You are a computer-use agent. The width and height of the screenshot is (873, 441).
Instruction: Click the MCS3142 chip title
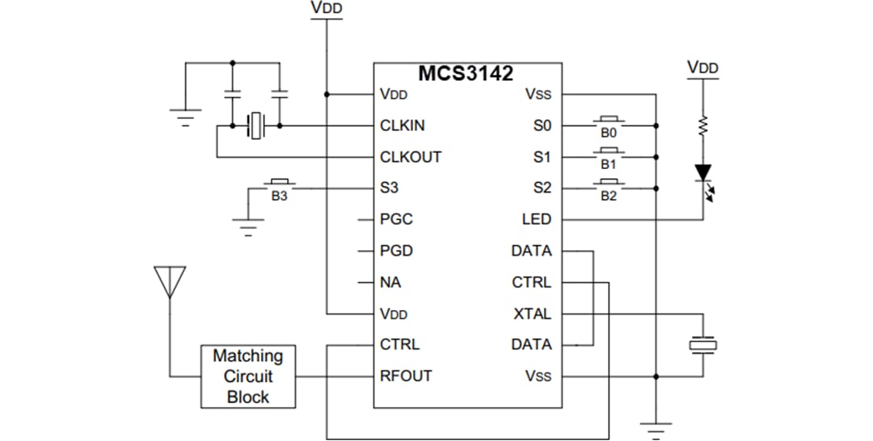click(x=465, y=74)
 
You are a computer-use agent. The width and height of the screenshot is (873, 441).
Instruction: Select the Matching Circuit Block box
click(x=248, y=376)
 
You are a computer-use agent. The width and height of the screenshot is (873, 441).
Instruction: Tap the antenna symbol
click(x=170, y=282)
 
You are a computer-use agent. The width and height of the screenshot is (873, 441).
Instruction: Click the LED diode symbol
click(x=703, y=173)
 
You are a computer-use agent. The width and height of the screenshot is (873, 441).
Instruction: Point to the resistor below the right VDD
click(x=703, y=125)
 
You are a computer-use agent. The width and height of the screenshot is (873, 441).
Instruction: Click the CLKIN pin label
click(x=402, y=125)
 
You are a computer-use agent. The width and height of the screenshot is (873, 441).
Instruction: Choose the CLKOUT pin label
click(x=411, y=157)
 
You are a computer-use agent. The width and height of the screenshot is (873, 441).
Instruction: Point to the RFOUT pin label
click(x=406, y=375)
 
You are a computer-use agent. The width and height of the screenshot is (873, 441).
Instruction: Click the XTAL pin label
click(x=532, y=313)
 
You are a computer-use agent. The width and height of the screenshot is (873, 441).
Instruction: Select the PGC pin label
click(x=396, y=219)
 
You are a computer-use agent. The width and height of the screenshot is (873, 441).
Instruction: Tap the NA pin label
click(x=390, y=282)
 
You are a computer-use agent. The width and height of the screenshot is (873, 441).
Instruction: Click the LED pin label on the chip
click(x=537, y=219)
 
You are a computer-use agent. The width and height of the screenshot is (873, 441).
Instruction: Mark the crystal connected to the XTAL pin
click(x=702, y=345)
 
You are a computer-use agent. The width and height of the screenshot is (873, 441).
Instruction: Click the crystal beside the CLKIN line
click(x=256, y=126)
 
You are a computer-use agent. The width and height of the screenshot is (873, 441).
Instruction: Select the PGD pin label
click(x=396, y=251)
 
